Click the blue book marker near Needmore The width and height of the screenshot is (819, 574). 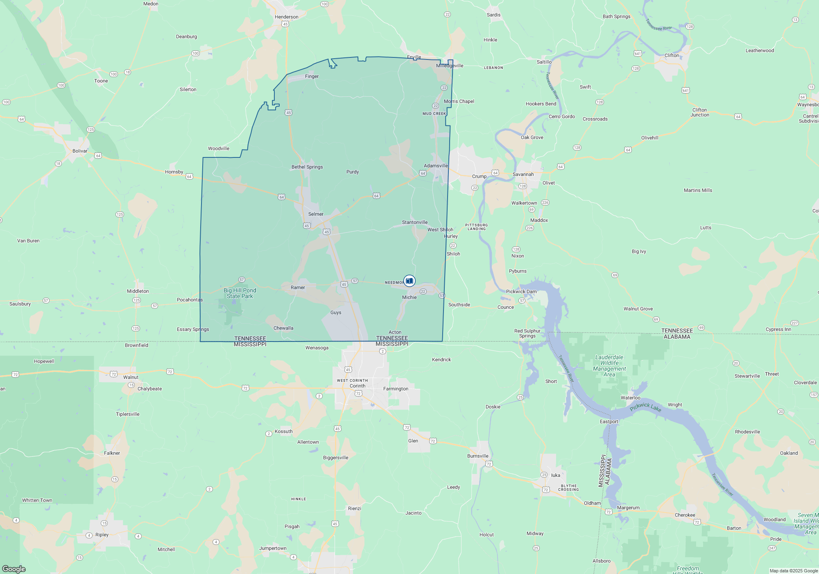point(409,281)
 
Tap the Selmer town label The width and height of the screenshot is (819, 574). point(316,214)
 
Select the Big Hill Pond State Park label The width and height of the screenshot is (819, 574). point(240,293)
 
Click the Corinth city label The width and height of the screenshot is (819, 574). point(357,386)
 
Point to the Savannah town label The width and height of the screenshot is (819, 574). point(523,174)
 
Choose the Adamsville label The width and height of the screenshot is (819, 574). point(436,166)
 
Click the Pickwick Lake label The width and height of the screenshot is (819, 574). point(645,407)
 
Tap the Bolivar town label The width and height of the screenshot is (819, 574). point(80,151)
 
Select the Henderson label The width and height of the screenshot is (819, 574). point(287,17)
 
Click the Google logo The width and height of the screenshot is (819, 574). point(14,569)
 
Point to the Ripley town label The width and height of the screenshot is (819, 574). point(102,535)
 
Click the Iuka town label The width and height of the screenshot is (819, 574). point(556,475)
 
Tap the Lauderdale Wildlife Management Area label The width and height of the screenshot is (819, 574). point(609,366)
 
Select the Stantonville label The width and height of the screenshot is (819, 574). point(415,222)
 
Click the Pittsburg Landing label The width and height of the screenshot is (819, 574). point(477,227)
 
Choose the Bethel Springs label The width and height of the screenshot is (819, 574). point(307,167)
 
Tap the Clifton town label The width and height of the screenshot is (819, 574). point(672,55)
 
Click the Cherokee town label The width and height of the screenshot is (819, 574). point(685,515)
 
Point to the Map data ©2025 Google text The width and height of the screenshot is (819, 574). point(794,571)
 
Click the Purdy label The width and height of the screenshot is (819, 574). point(353,172)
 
